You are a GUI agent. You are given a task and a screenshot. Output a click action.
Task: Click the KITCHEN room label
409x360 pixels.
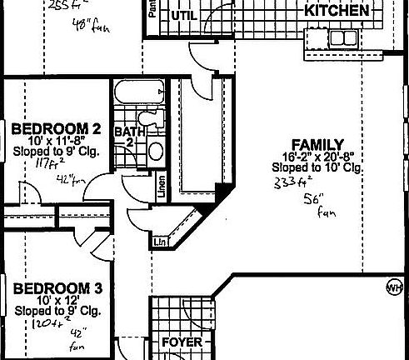pyautogui.click(x=337, y=10)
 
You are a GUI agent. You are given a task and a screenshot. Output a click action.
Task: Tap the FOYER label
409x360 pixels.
pyautogui.click(x=182, y=342)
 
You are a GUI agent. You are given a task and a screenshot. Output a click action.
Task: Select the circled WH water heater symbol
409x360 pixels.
pyautogui.click(x=393, y=287)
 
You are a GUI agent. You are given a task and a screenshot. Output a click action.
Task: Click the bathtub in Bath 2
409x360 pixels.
pyautogui.click(x=134, y=97)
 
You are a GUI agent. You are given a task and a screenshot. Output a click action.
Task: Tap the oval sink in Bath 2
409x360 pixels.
pyautogui.click(x=156, y=151)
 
